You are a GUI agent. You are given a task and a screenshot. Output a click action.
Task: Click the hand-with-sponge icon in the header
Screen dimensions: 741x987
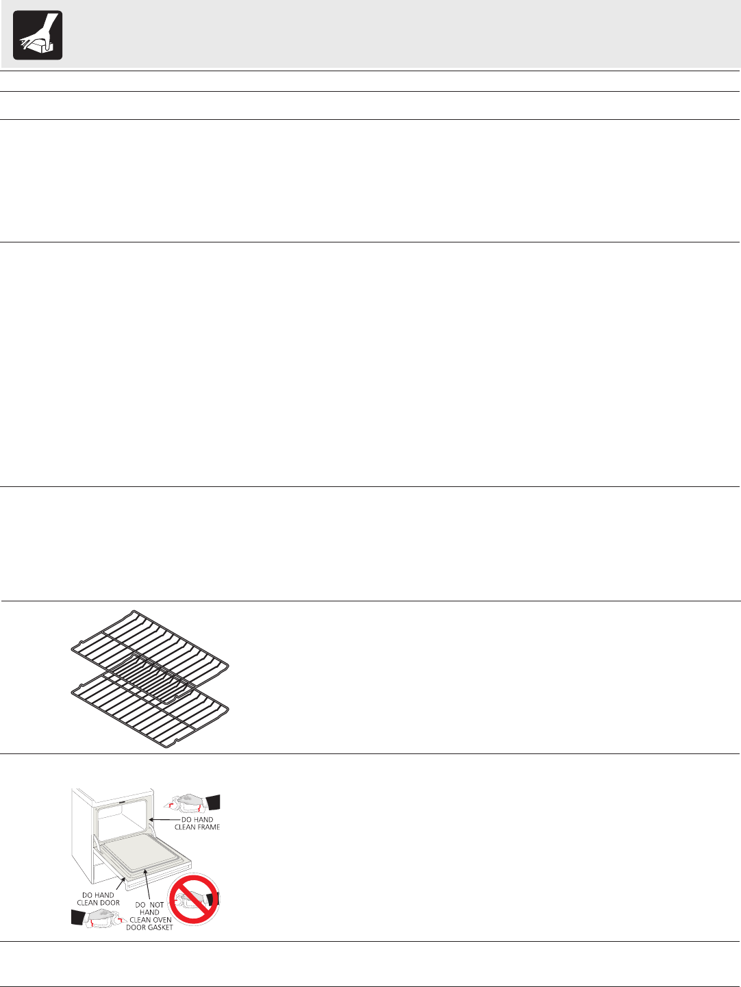(x=38, y=35)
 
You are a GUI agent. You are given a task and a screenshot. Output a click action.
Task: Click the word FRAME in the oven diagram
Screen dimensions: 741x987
(x=208, y=827)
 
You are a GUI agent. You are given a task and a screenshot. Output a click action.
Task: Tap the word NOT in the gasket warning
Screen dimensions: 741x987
(x=157, y=905)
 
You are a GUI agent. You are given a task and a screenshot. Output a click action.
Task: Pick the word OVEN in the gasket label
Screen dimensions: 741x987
(x=162, y=920)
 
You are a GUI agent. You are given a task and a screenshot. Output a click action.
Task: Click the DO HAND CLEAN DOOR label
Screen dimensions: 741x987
(x=98, y=899)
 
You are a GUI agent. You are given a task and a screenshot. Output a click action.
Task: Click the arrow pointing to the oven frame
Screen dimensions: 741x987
(x=164, y=819)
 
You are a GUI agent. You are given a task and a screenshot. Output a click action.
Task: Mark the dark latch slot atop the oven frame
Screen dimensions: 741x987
(x=120, y=799)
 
